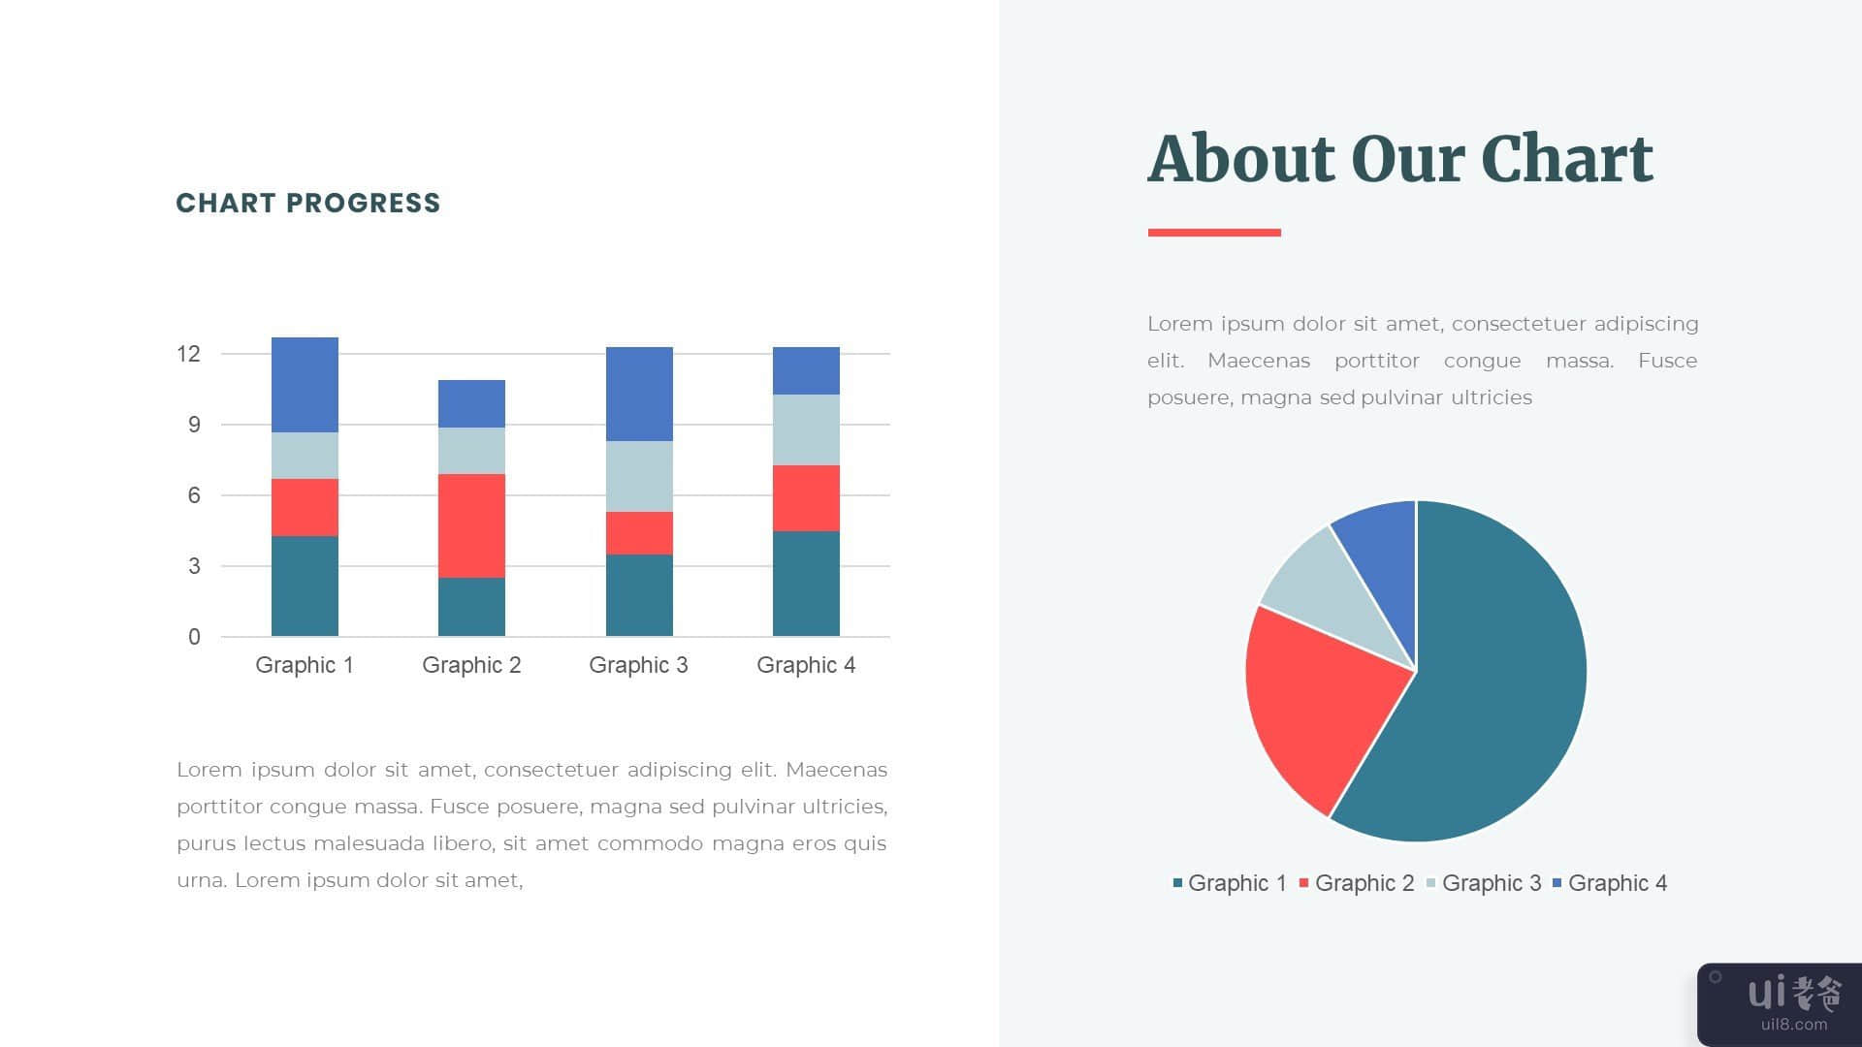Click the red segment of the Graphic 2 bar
471,525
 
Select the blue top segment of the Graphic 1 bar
305,385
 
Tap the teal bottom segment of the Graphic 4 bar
806,584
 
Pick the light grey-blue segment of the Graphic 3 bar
639,476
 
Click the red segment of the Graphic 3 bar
639,533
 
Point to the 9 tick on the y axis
195,425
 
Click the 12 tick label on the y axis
188,354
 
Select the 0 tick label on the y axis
195,637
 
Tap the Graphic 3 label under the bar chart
638,665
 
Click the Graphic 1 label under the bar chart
305,665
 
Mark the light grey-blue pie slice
1329,596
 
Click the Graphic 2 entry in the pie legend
1357,883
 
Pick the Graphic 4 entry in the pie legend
1610,883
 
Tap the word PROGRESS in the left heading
364,203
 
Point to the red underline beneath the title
1214,233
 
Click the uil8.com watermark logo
1780,1004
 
